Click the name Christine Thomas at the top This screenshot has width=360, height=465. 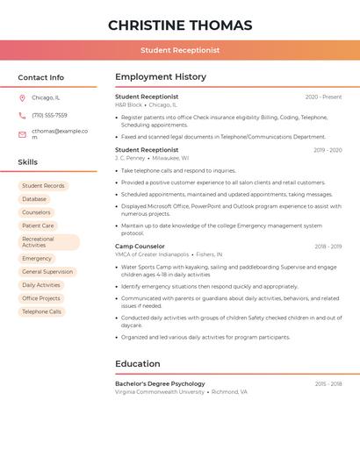[180, 25]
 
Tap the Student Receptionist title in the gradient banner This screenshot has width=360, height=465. [180, 50]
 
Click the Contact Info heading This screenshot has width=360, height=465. [41, 77]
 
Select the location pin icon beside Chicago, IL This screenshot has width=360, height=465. [22, 98]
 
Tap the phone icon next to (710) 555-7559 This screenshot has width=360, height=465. [22, 115]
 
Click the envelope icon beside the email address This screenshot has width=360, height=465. [22, 134]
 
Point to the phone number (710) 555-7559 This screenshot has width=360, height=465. [49, 115]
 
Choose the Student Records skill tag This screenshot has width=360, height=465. [43, 186]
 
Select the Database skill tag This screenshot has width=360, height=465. [34, 199]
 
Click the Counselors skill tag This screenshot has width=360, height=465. [36, 212]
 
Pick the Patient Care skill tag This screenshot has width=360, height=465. [38, 225]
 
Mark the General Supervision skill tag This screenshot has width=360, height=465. [47, 272]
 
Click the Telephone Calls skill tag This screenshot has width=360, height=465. [42, 311]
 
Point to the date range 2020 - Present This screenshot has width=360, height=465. [323, 97]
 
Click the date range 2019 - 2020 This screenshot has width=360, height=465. [328, 150]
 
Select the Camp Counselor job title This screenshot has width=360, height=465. [140, 247]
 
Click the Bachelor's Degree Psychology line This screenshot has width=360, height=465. [160, 383]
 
